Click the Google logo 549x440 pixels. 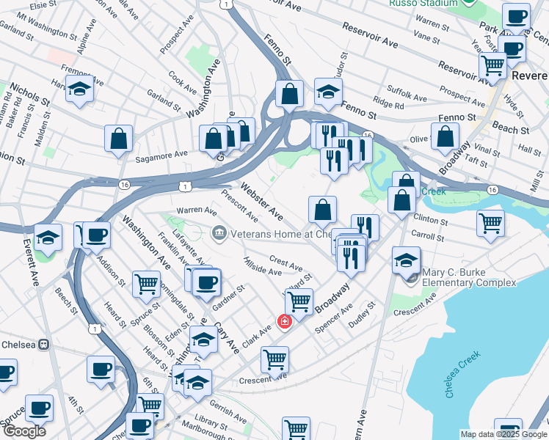24,431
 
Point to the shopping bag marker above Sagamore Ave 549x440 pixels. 118,139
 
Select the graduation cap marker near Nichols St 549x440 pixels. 79,91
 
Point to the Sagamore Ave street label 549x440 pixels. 161,156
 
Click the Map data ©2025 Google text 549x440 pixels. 503,434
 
